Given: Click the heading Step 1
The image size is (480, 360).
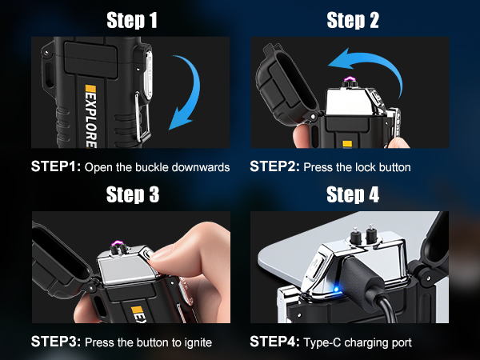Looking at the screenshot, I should (x=130, y=22).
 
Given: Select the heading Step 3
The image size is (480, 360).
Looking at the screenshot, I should (x=130, y=195).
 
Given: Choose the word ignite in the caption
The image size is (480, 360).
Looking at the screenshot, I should (x=196, y=342).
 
